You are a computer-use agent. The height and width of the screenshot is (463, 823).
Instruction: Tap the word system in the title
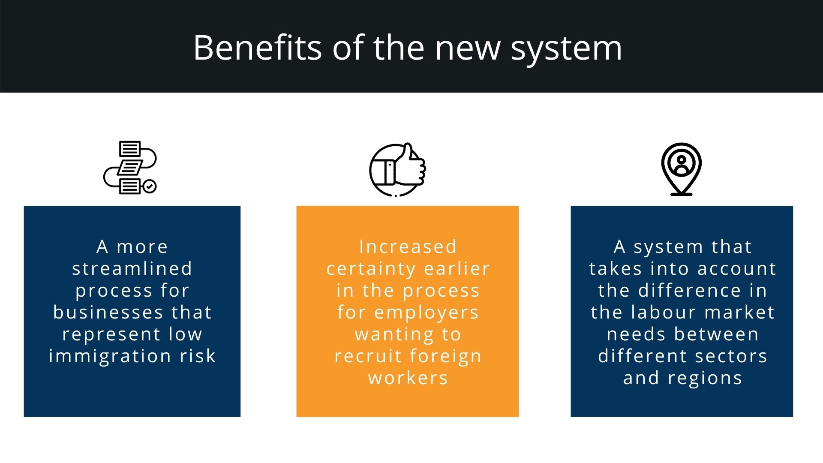(x=566, y=48)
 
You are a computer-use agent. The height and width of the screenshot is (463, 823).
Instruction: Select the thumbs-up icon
(x=398, y=170)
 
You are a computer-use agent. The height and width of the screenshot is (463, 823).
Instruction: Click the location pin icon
(x=681, y=169)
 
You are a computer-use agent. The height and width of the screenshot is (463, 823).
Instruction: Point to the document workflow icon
(x=130, y=168)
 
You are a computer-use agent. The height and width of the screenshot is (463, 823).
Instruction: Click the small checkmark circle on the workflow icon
(x=150, y=186)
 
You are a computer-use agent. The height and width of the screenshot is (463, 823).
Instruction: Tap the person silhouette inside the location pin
(x=681, y=164)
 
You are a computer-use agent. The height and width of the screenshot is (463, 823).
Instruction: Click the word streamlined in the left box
(x=132, y=269)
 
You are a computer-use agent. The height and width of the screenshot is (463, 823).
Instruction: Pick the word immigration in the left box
(x=110, y=356)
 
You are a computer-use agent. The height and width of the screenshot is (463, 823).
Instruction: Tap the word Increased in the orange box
(x=408, y=247)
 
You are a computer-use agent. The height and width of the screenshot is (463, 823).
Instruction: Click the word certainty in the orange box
(x=371, y=269)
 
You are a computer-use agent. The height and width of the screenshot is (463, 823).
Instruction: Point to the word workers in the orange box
(x=408, y=378)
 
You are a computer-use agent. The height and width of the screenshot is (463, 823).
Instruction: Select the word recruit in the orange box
(x=368, y=356)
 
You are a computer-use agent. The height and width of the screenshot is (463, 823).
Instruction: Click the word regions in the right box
(x=705, y=379)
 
